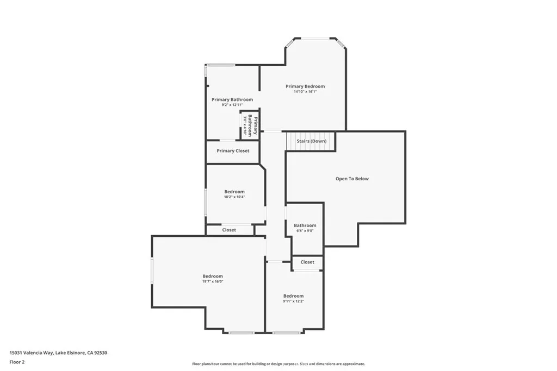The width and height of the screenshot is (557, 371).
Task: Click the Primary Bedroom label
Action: click(305, 86)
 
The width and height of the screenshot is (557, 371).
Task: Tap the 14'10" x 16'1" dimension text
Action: click(305, 92)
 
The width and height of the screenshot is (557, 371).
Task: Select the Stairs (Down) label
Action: click(312, 141)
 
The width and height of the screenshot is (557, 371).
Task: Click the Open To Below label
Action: click(352, 179)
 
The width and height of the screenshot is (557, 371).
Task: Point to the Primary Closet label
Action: click(233, 151)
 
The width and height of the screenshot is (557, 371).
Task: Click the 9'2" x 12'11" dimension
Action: click(232, 105)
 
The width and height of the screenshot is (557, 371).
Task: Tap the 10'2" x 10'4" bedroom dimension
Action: click(234, 197)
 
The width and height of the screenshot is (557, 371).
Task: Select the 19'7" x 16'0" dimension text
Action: click(213, 281)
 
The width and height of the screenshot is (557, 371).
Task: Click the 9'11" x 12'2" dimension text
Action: click(293, 301)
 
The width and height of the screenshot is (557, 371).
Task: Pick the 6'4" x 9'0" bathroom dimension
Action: click(305, 231)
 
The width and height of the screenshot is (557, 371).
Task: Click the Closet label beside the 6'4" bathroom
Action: click(307, 262)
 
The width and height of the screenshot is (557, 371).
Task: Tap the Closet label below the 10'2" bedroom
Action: click(229, 230)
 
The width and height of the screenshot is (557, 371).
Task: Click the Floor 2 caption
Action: click(17, 362)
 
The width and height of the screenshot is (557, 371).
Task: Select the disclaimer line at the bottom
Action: click(278, 364)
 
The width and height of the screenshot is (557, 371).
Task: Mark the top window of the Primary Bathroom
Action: click(220, 65)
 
